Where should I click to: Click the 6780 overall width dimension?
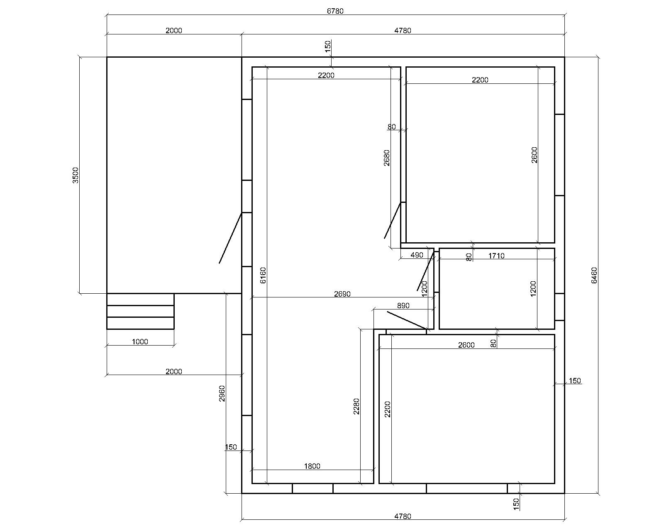(335, 11)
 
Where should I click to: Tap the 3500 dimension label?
(76, 175)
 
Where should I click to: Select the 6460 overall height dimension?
(594, 275)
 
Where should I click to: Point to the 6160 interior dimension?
(263, 275)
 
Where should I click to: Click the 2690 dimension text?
(342, 294)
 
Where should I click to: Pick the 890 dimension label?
(403, 306)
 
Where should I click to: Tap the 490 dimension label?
(417, 255)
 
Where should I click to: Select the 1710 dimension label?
(496, 256)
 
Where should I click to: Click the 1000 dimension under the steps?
(140, 342)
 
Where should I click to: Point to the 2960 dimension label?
(222, 393)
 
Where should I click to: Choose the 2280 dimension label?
(356, 407)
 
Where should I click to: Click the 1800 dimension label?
(312, 466)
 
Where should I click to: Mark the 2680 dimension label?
(387, 158)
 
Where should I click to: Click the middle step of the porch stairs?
(140, 311)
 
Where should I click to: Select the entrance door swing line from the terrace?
(230, 238)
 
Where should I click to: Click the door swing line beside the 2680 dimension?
(393, 220)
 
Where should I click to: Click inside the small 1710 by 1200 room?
(497, 289)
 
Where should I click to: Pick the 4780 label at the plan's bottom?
(403, 516)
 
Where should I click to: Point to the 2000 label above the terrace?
(174, 31)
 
